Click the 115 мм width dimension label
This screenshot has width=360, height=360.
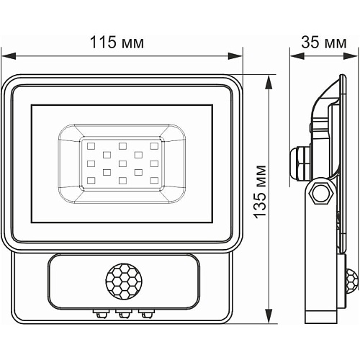click(117, 42)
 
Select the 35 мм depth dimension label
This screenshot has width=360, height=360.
click(324, 42)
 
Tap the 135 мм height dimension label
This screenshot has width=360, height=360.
click(261, 192)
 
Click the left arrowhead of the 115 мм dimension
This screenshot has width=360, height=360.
click(9, 56)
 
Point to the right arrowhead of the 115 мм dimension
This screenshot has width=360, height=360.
click(235, 56)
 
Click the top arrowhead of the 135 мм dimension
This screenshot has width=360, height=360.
click(269, 82)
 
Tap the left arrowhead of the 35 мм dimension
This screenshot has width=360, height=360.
click(297, 56)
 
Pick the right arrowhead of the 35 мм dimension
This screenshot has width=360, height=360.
click(351, 56)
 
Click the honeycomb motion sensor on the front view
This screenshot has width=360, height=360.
click(124, 281)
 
